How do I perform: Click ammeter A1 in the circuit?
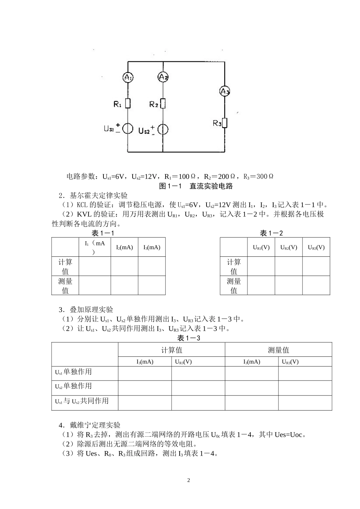click(128, 78)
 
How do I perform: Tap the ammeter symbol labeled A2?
click(163, 77)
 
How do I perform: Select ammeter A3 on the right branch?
click(225, 91)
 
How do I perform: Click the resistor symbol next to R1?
click(128, 103)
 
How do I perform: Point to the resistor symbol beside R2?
click(163, 103)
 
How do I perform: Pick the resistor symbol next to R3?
click(225, 123)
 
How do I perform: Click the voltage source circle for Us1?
click(128, 128)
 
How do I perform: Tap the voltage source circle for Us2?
click(163, 130)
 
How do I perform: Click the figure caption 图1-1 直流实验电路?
click(196, 186)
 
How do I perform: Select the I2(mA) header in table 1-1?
click(124, 247)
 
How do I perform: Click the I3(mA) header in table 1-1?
click(152, 247)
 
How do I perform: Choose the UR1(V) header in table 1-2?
click(261, 247)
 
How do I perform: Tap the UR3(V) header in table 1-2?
click(316, 247)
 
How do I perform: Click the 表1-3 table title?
click(188, 338)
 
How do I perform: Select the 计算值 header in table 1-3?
click(172, 350)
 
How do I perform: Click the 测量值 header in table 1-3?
click(279, 350)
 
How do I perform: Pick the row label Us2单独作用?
click(74, 386)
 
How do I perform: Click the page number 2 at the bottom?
click(189, 481)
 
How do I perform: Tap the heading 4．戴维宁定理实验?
click(89, 425)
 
